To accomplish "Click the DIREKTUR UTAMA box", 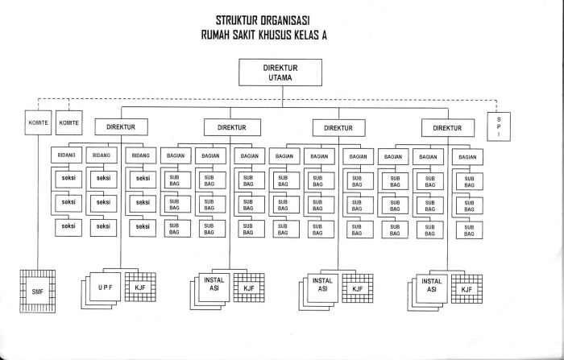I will [x=280, y=73].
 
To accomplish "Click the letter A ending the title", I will [x=348, y=35].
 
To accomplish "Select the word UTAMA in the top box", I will [x=280, y=78].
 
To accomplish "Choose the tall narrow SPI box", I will [x=498, y=127].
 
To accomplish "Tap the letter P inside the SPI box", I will [x=498, y=127].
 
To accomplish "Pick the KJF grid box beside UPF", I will [x=139, y=288].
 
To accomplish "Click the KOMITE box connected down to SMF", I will [x=37, y=122].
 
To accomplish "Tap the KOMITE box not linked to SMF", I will [x=70, y=122].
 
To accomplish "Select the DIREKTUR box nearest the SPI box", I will [x=447, y=127].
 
